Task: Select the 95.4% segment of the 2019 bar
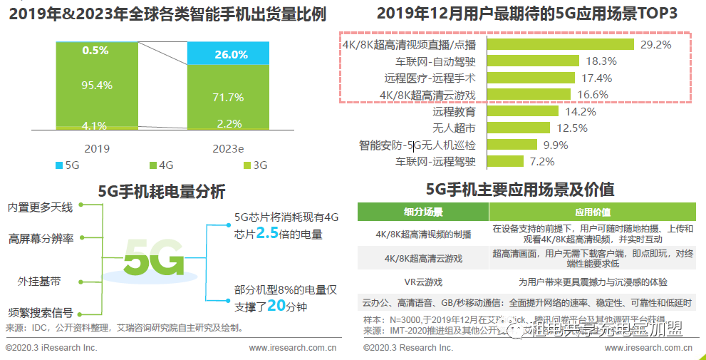97,86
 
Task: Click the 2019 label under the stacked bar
97,149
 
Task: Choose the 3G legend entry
254,165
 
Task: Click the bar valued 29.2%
560,44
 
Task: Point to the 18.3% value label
600,61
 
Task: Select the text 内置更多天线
41,207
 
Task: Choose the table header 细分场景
422,212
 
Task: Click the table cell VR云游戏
422,282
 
